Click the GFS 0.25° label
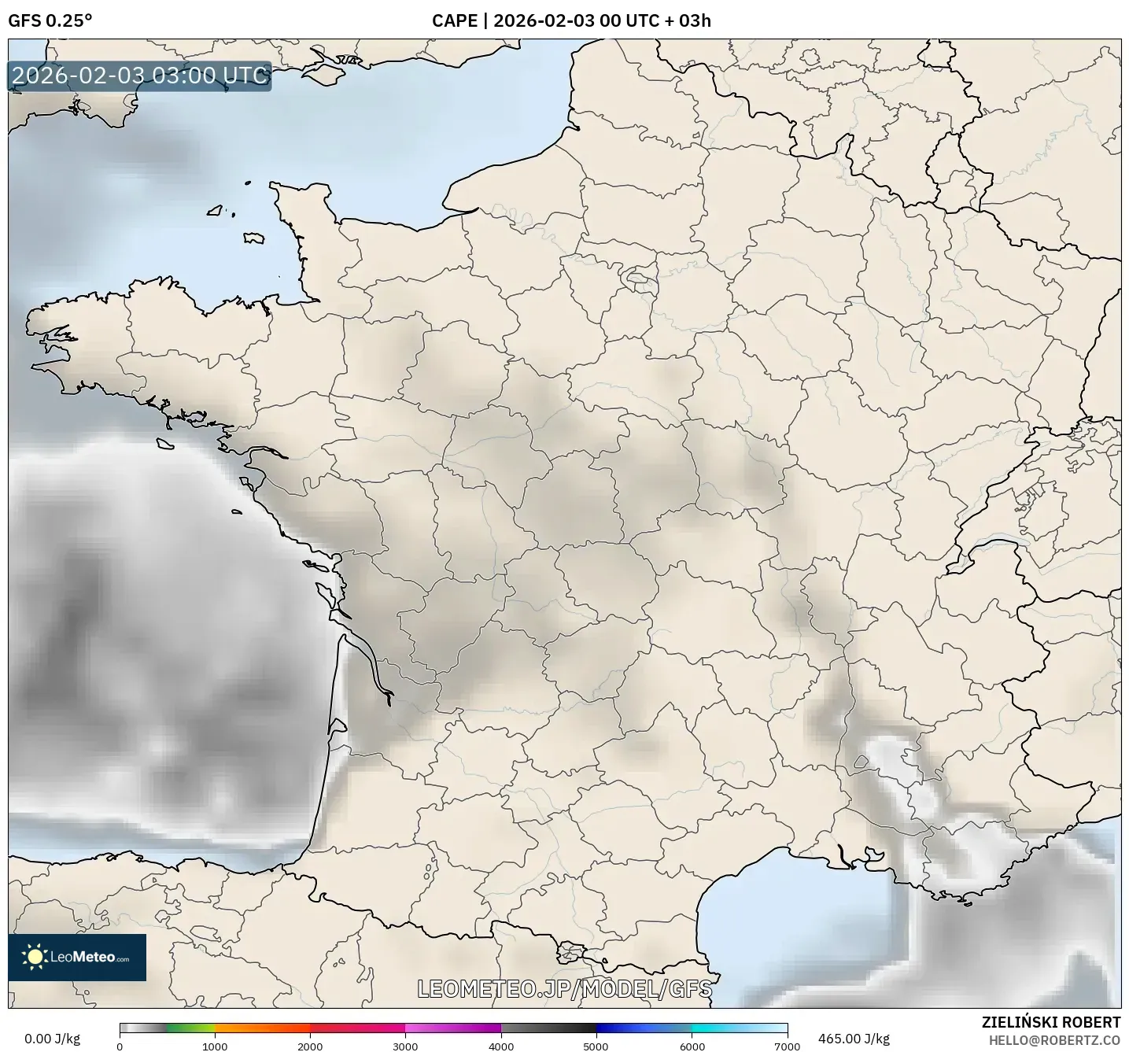50,20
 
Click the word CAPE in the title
454,20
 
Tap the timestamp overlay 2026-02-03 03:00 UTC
140,76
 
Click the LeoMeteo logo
77,957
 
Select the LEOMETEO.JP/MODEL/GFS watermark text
564,989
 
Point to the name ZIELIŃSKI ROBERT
1051,1022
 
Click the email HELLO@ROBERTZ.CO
1054,1040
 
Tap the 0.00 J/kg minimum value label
52,1039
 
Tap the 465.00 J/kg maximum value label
854,1039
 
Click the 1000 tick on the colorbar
215,1046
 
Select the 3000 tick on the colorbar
406,1046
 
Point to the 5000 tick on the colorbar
596,1046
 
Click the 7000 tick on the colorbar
787,1046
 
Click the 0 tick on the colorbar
120,1046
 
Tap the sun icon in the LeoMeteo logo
35,957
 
